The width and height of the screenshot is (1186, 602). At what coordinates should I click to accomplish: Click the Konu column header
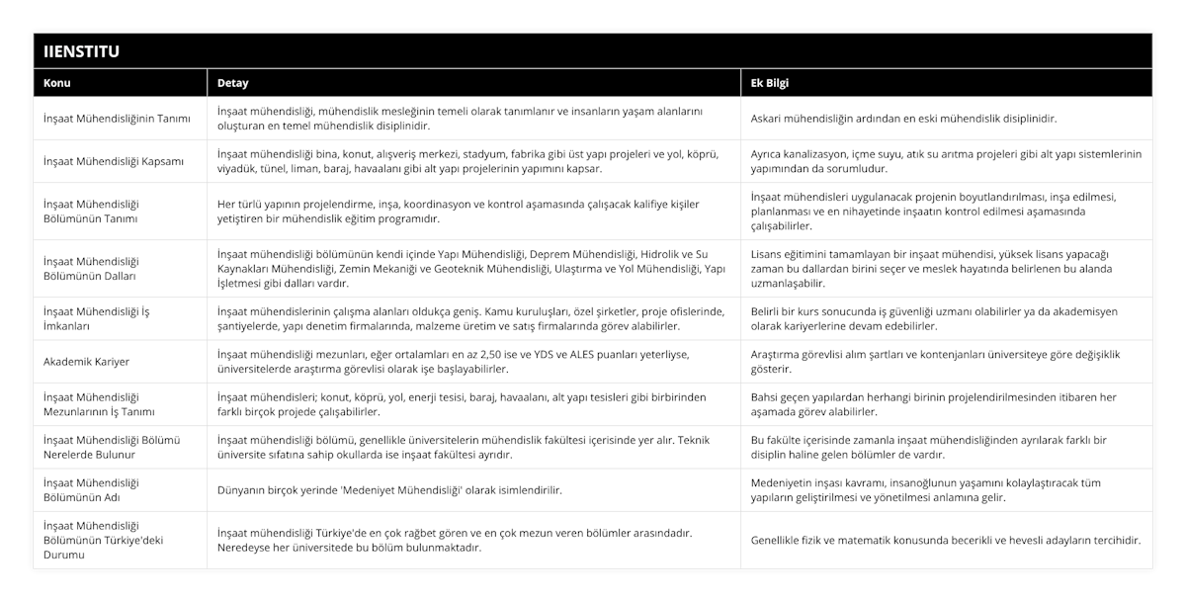pos(56,83)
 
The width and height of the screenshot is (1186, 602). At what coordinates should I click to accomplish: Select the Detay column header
pos(233,83)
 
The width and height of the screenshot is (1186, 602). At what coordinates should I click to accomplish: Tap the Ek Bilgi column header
pos(770,83)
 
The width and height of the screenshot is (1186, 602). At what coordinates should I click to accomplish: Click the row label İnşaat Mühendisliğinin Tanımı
pos(117,119)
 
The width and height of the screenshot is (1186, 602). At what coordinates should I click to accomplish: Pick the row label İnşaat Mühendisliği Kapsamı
pos(114,161)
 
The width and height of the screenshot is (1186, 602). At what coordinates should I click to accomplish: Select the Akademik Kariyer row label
pos(86,362)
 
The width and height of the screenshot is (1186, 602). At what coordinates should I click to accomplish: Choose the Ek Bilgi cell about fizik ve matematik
pos(946,540)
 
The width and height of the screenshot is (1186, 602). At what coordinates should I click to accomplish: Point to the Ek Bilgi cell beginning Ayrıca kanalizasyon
pos(946,161)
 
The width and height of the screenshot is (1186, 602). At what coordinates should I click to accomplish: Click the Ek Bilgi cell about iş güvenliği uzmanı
pos(934,318)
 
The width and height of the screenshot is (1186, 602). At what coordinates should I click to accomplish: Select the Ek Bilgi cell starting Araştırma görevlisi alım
pos(934,361)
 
